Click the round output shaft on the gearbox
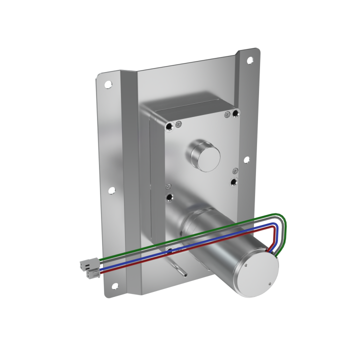click(x=203, y=156)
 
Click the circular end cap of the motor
click(x=258, y=275)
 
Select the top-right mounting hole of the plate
click(x=250, y=61)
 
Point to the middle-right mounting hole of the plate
click(x=246, y=161)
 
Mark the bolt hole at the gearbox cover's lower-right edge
click(x=234, y=181)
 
